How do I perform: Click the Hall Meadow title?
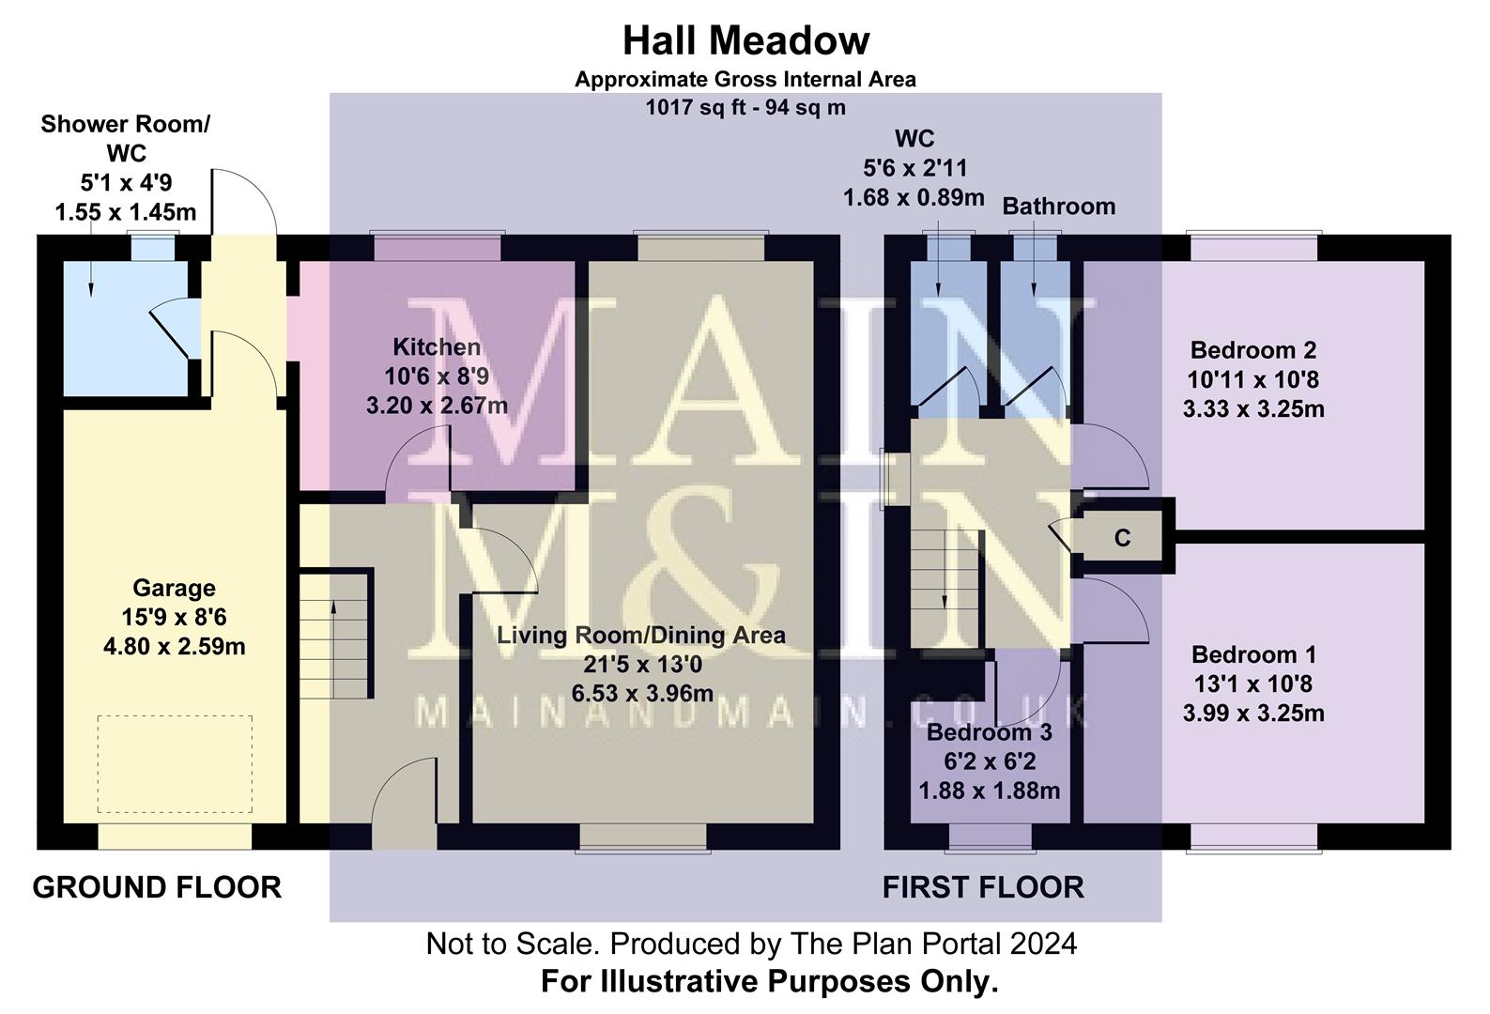pyautogui.click(x=745, y=41)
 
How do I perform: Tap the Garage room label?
pyautogui.click(x=174, y=589)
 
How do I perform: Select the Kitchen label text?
pyautogui.click(x=437, y=347)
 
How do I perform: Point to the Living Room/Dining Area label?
pyautogui.click(x=641, y=636)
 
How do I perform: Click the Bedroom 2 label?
pyautogui.click(x=1253, y=350)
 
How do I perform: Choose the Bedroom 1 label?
pyautogui.click(x=1253, y=654)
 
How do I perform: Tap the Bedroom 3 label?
pyautogui.click(x=989, y=732)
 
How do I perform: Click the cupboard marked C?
pyautogui.click(x=1122, y=538)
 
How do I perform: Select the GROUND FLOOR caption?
pyautogui.click(x=157, y=887)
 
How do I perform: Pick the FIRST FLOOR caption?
pyautogui.click(x=983, y=887)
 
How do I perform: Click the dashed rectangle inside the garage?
pyautogui.click(x=175, y=764)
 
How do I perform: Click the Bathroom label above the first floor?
pyautogui.click(x=1058, y=207)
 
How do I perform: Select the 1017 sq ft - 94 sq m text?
pyautogui.click(x=745, y=108)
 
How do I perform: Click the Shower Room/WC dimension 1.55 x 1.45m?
pyautogui.click(x=126, y=212)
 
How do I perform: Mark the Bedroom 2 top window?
pyautogui.click(x=1253, y=247)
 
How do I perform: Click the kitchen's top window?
pyautogui.click(x=437, y=247)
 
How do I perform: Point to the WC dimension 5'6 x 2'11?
pyautogui.click(x=914, y=169)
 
